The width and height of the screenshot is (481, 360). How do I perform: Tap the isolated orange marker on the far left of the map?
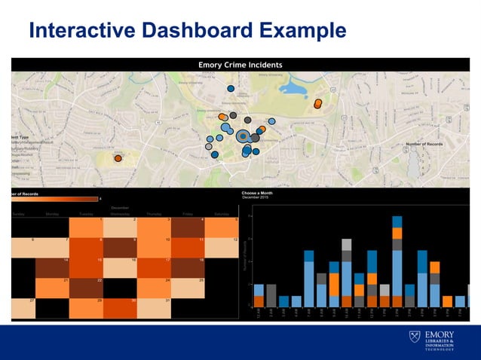click(x=118, y=158)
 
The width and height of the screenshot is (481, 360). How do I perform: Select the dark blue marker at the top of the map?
click(x=231, y=89)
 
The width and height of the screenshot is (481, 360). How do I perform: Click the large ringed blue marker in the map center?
click(x=242, y=136)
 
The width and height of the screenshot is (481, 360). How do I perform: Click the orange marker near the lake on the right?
click(x=318, y=104)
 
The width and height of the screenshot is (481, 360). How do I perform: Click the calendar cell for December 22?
click(x=86, y=288)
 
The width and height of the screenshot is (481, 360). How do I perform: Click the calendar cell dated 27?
click(x=23, y=309)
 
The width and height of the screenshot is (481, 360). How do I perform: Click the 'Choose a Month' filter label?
click(x=261, y=193)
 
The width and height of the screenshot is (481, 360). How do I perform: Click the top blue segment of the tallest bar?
click(x=397, y=221)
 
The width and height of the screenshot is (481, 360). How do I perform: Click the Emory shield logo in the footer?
click(x=414, y=337)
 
